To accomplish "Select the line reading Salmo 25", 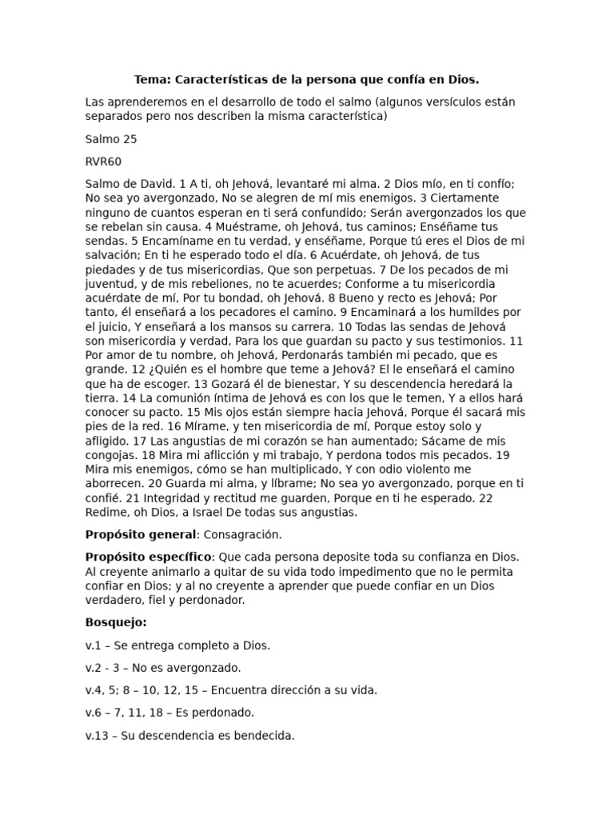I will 111,139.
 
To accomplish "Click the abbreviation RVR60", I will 103,161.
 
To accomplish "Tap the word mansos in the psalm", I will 258,326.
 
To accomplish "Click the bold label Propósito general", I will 140,534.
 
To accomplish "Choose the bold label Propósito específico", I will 148,557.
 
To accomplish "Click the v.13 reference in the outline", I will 98,735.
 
